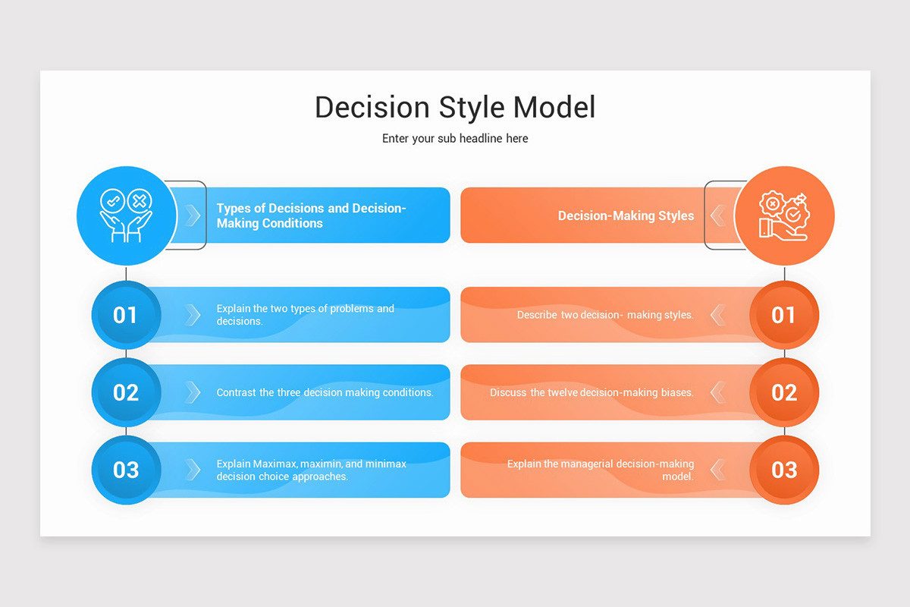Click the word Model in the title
[x=554, y=108]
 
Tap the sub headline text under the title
[x=455, y=139]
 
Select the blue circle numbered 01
[x=126, y=315]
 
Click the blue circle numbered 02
[x=126, y=392]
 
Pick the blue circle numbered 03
[x=126, y=470]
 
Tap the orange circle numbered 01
[x=784, y=315]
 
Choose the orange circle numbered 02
[x=784, y=392]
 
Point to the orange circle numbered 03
[x=784, y=470]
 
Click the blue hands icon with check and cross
[x=126, y=215]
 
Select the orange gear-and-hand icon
[x=784, y=215]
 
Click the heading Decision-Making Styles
[x=626, y=216]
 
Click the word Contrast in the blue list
[x=236, y=393]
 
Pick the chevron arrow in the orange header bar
[x=717, y=216]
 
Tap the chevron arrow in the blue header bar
[x=193, y=215]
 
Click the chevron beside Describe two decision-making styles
[x=717, y=315]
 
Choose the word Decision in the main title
[x=372, y=108]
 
